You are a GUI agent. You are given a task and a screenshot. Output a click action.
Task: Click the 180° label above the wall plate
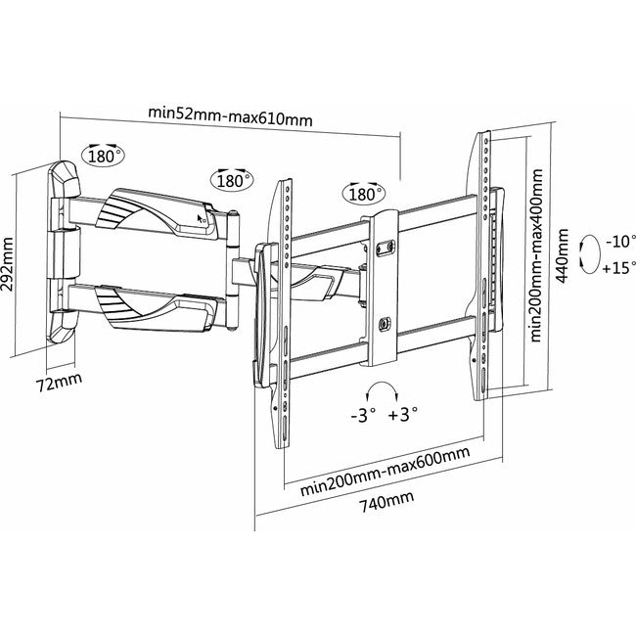(x=105, y=155)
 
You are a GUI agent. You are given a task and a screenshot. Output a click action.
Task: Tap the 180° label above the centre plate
(x=361, y=194)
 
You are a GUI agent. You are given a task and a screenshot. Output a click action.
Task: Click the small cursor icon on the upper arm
(x=203, y=219)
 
